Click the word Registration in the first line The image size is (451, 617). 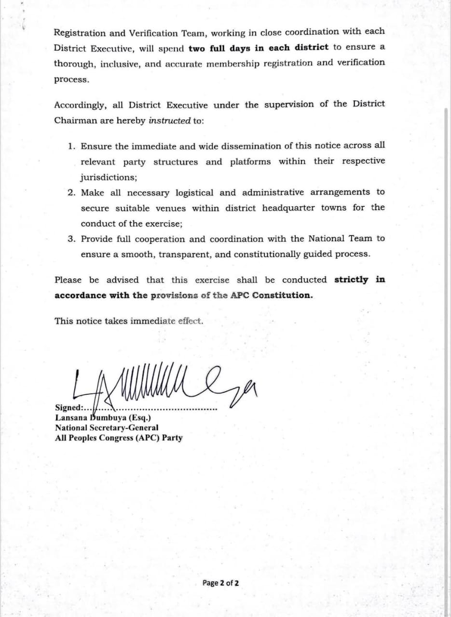coord(80,33)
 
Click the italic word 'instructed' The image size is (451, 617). coord(169,121)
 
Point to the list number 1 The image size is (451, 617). coord(72,146)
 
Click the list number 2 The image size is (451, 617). coord(71,193)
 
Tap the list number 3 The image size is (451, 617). coord(71,239)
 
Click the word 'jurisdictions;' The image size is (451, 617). coord(109,177)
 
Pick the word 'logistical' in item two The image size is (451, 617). coord(194,193)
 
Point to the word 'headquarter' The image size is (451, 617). coord(288,208)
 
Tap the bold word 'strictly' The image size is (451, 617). coord(351,280)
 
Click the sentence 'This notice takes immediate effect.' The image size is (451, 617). coord(129,321)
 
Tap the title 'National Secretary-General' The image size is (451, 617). coord(107,428)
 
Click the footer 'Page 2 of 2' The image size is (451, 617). coord(220,583)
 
